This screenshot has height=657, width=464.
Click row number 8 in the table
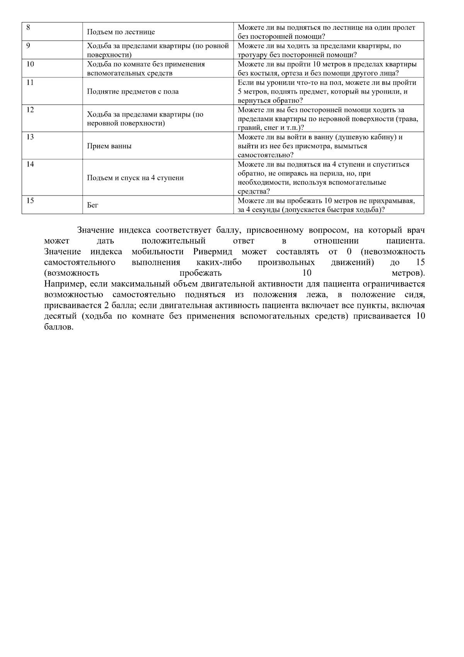(28, 27)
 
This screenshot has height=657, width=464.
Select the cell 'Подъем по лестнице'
(121, 32)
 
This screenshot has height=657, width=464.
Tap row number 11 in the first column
(30, 82)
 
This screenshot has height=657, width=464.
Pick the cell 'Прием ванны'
(109, 146)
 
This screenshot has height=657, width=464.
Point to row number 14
(30, 164)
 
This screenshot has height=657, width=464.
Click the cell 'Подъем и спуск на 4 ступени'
(135, 178)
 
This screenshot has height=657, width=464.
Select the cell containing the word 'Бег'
(93, 205)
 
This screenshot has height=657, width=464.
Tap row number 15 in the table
(30, 201)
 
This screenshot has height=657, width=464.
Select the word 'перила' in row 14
(333, 173)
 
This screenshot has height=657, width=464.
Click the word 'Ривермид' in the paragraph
(213, 252)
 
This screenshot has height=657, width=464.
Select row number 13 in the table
(30, 137)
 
